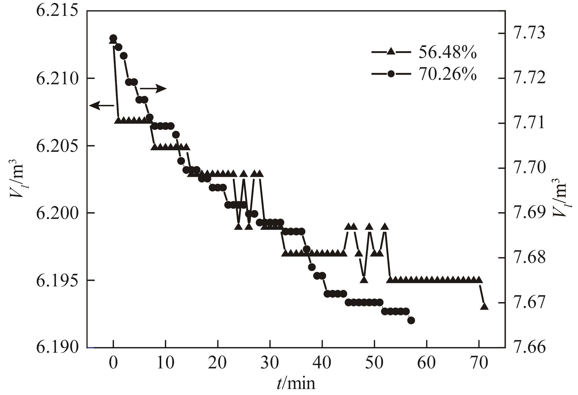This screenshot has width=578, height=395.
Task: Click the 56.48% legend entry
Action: (x=424, y=53)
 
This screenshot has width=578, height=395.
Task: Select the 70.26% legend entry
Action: (x=424, y=74)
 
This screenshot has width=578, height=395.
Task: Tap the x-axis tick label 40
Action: (x=322, y=363)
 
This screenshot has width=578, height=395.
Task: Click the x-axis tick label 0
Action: (x=113, y=363)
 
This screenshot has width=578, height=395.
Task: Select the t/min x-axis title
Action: (x=296, y=383)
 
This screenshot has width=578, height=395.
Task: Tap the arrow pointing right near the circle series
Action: (x=153, y=89)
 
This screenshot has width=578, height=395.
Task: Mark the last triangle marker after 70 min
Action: (x=484, y=306)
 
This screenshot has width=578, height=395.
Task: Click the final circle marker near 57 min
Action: (x=411, y=320)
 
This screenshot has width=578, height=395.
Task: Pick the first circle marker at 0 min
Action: (x=113, y=38)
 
